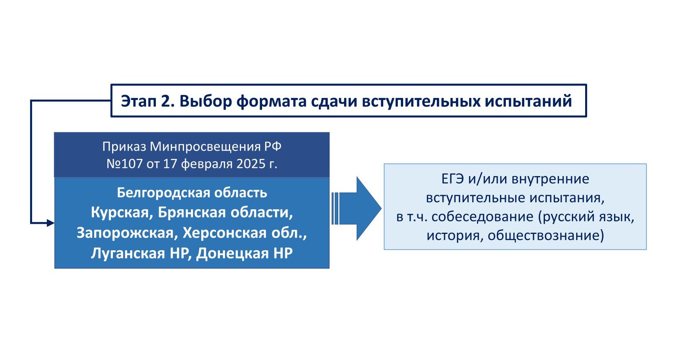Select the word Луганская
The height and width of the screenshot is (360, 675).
click(x=128, y=253)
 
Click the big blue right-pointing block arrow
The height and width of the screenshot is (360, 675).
click(x=356, y=209)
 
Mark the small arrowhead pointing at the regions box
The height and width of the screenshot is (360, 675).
click(x=50, y=223)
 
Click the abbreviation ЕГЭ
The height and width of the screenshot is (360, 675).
click(x=453, y=179)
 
